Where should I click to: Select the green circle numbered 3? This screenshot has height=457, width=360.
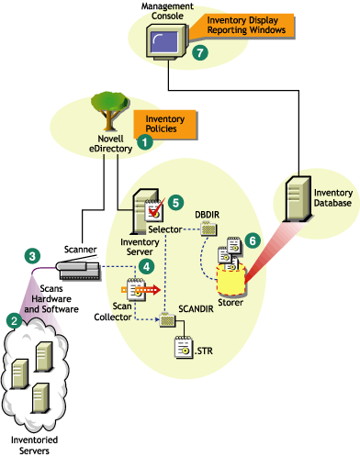32,254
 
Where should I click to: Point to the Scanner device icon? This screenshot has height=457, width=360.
84,269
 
